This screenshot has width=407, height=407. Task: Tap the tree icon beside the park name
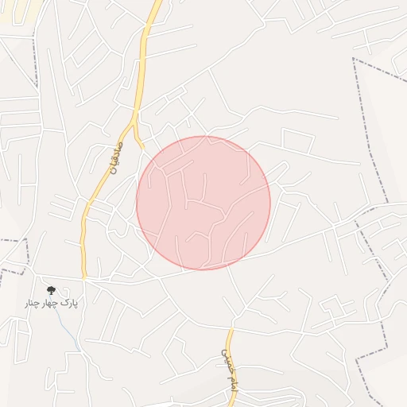pos(52,291)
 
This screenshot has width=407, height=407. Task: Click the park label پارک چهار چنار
pos(51,304)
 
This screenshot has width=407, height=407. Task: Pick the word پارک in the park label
pos(70,304)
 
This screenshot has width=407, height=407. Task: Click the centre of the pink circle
pos(203,203)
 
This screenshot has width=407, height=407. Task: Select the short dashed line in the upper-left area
pos(35,56)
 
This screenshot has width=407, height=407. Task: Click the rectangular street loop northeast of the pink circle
pos(298,141)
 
